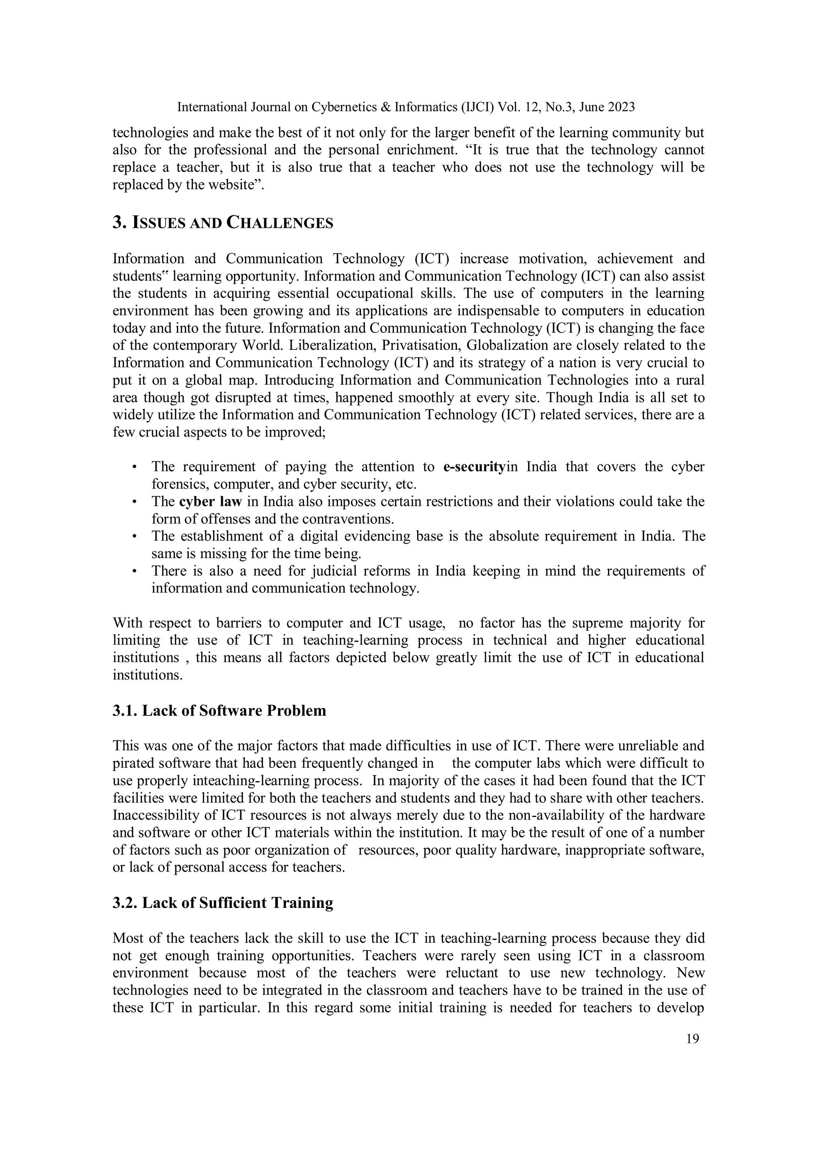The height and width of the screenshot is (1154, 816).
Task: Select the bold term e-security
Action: [x=474, y=467]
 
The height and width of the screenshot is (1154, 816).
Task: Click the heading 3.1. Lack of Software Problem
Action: [x=219, y=711]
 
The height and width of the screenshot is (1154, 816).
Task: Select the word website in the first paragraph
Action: [x=229, y=184]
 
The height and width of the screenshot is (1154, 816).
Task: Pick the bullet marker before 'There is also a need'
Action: [x=134, y=572]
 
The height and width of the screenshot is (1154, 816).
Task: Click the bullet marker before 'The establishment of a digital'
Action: [x=134, y=537]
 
